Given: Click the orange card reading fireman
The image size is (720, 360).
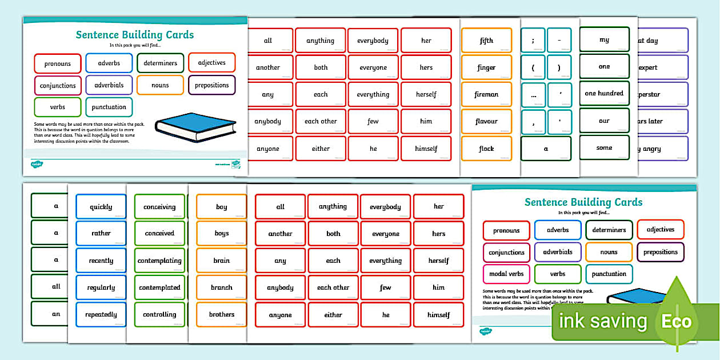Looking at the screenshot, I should click(486, 94).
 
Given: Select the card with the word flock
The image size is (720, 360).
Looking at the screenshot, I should click(486, 149).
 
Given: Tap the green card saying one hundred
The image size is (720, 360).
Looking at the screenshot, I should click(604, 93).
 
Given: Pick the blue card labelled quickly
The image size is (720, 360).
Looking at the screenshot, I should click(101, 207).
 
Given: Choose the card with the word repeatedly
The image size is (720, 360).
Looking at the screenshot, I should click(101, 314).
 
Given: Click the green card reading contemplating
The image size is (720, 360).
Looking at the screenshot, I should click(159, 261).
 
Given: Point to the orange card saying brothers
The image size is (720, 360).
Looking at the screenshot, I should click(221, 314).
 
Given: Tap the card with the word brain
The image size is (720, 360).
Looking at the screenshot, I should click(221, 261).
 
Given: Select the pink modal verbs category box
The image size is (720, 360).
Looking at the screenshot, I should click(506, 274).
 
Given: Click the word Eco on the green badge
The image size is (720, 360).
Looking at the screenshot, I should click(677, 321).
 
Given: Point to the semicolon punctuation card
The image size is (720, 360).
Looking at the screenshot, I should click(533, 40).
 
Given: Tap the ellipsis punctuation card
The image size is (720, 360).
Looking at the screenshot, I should click(533, 95).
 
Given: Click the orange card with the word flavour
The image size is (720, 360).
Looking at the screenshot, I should click(486, 121).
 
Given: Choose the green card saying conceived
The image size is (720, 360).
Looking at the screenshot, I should click(159, 233).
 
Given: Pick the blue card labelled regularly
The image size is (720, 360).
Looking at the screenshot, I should click(101, 287).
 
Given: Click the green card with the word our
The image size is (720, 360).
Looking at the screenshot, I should click(604, 121).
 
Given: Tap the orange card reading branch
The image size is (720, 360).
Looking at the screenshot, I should click(221, 287).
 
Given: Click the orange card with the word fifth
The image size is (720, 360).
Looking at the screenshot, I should click(486, 41).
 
